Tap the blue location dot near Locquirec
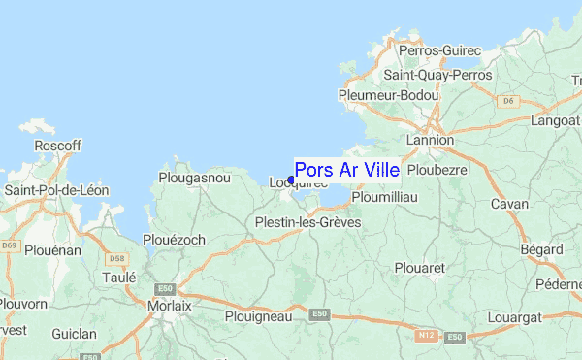(291, 180)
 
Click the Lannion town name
(430, 140)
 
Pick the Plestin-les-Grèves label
(307, 222)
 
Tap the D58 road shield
(118, 259)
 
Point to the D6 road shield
(506, 99)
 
